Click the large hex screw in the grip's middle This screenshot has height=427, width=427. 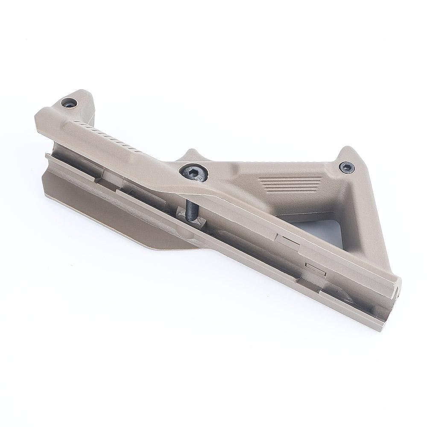193,173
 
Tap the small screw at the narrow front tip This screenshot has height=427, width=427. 69,102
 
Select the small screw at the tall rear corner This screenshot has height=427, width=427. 346,167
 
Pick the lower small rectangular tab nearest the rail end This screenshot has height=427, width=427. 316,269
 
